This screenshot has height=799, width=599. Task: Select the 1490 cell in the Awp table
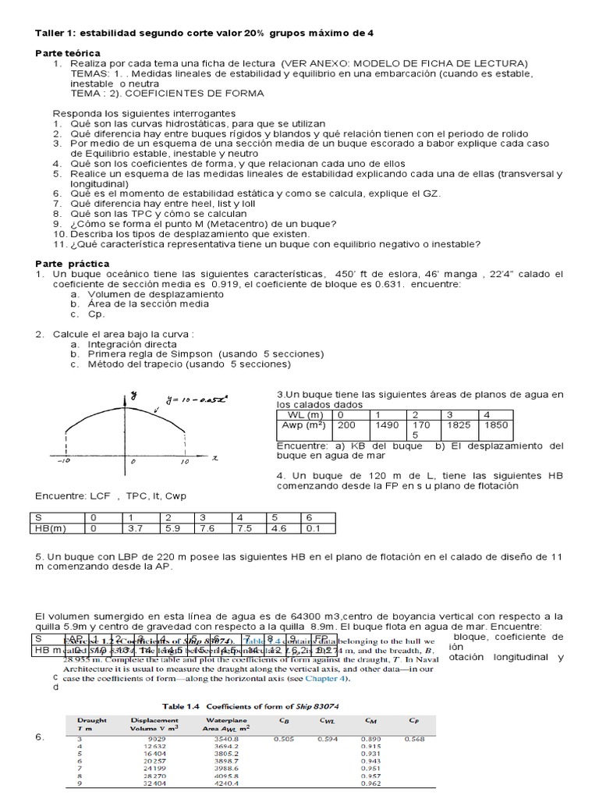click(388, 424)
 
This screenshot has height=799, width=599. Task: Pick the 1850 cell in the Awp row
click(497, 424)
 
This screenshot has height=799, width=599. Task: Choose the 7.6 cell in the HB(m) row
click(207, 527)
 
